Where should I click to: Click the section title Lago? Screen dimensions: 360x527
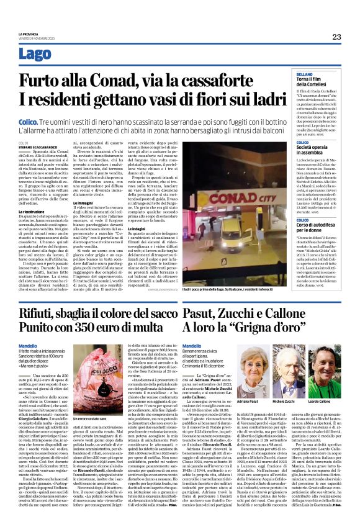pyautogui.click(x=35, y=54)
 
